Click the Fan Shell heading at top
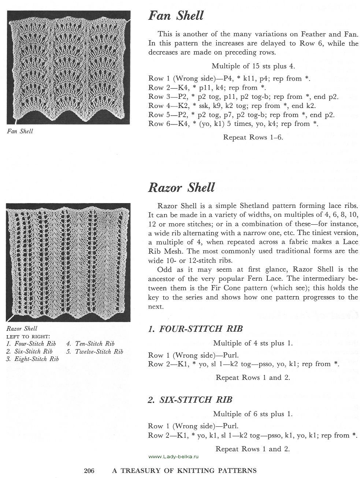point(175,16)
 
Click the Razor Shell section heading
point(181,187)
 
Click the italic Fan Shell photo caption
point(20,131)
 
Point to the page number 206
point(89,471)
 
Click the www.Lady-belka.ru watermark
point(174,456)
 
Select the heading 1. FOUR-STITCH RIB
point(195,329)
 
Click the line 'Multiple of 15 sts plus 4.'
point(253,66)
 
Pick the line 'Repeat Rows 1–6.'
point(253,138)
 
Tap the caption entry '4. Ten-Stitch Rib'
point(90,344)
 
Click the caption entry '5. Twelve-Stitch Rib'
point(95,352)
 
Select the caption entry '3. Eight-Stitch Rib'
point(33,359)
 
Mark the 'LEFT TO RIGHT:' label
point(29,336)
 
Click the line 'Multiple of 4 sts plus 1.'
point(253,343)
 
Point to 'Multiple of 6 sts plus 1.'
point(253,414)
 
